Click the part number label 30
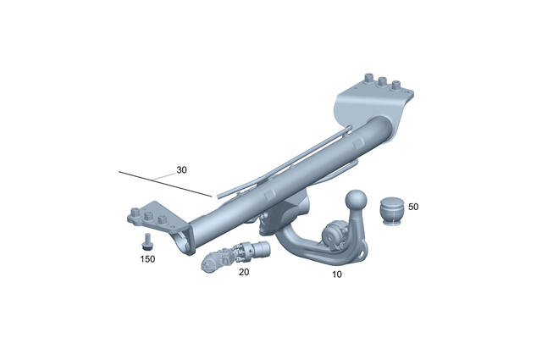tap(181, 169)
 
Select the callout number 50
tap(413, 206)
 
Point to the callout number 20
tap(244, 273)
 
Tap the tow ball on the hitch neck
tap(356, 200)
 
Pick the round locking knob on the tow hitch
tap(332, 231)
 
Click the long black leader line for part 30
tap(161, 183)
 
